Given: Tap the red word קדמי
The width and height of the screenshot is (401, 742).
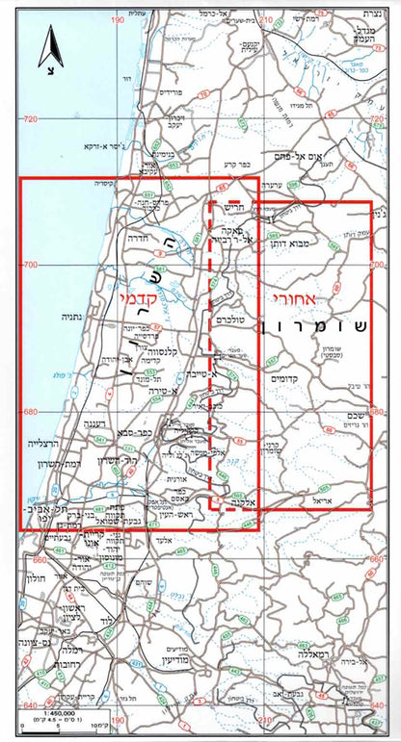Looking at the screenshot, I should pyautogui.click(x=139, y=299).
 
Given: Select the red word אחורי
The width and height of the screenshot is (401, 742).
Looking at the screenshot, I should pyautogui.click(x=288, y=298).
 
